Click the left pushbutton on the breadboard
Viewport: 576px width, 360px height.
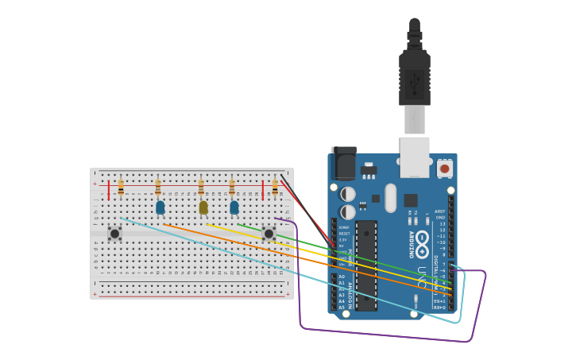[x=114, y=233]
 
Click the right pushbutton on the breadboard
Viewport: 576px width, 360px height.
[x=269, y=233]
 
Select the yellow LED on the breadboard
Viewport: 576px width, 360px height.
[x=203, y=207]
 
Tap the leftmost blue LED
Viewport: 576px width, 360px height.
[x=160, y=207]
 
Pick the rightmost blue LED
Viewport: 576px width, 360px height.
[x=234, y=207]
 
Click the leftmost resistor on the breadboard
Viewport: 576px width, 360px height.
[x=121, y=188]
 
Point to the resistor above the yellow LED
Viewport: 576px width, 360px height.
[x=201, y=188]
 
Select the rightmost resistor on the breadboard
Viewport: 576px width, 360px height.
[x=275, y=188]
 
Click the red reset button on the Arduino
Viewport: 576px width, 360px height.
[x=445, y=168]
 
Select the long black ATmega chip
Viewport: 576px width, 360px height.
[x=365, y=265]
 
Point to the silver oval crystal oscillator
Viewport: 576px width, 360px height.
[x=390, y=198]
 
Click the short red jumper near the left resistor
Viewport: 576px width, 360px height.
[x=109, y=190]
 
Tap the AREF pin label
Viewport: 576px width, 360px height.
[x=439, y=211]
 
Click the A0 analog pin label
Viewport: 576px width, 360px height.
[x=342, y=277]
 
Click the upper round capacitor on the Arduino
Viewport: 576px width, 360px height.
[x=348, y=194]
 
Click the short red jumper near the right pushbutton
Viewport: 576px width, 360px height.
[x=263, y=190]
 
